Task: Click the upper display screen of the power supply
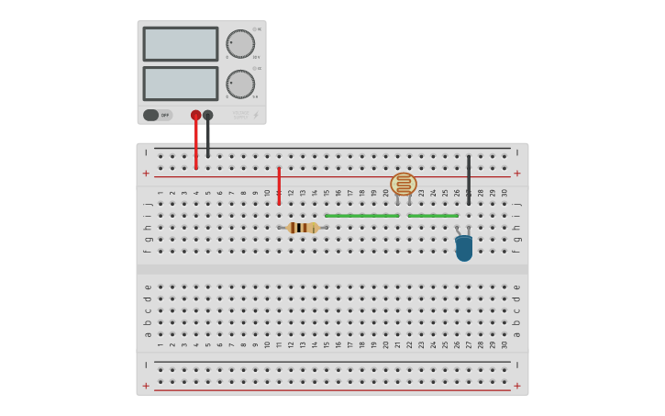(x=180, y=43)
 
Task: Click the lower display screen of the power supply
(x=180, y=84)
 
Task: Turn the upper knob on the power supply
(x=240, y=43)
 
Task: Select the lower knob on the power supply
(x=240, y=84)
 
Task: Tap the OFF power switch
(x=157, y=115)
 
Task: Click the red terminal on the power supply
(x=195, y=115)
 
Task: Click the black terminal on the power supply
(x=208, y=115)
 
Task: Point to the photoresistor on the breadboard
(x=404, y=184)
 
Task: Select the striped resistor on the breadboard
(x=302, y=227)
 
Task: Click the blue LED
(x=464, y=247)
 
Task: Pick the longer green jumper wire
(x=362, y=216)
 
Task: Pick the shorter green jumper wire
(x=433, y=216)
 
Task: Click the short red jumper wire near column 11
(x=279, y=186)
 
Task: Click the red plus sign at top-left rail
(x=146, y=173)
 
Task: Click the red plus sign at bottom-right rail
(x=517, y=386)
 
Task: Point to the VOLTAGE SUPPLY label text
(x=240, y=115)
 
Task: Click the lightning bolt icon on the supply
(x=256, y=115)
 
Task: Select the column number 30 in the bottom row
(x=504, y=344)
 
